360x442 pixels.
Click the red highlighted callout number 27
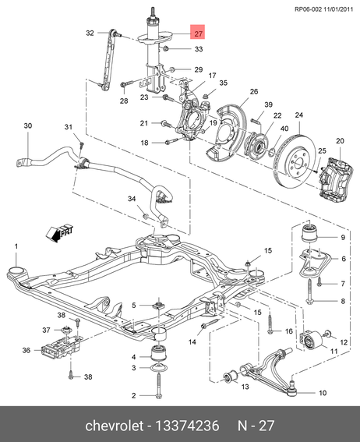[x=198, y=33]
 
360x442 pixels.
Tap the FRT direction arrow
[x=59, y=233]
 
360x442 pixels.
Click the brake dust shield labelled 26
[x=226, y=133]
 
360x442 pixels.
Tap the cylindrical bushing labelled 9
[x=309, y=232]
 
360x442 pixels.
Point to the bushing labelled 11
[x=312, y=341]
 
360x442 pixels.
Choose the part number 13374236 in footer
[x=187, y=426]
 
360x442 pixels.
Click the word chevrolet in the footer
[x=114, y=426]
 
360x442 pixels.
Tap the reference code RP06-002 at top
[x=308, y=9]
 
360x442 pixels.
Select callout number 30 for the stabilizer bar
[x=27, y=126]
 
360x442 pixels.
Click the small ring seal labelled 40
[x=271, y=152]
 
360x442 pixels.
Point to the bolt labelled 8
[x=309, y=291]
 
